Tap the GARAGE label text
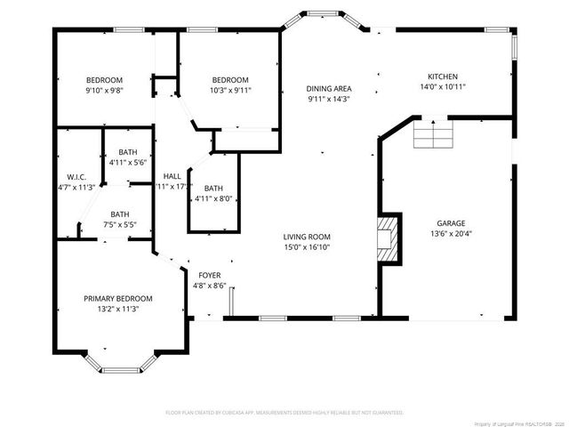pyautogui.click(x=451, y=223)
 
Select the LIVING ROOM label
pyautogui.click(x=307, y=236)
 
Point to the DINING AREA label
pyautogui.click(x=329, y=88)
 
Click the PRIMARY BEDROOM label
pyautogui.click(x=118, y=298)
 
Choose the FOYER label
pyautogui.click(x=209, y=275)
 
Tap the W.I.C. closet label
pyautogui.click(x=76, y=175)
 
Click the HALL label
pyautogui.click(x=172, y=175)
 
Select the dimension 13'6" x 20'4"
pyautogui.click(x=451, y=235)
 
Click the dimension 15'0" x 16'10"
pyautogui.click(x=307, y=247)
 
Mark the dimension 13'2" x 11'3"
pyautogui.click(x=118, y=309)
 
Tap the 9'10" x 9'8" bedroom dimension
pyautogui.click(x=104, y=91)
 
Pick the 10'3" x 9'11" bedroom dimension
pyautogui.click(x=229, y=91)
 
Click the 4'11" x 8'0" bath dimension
pyautogui.click(x=213, y=199)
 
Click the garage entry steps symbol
pyautogui.click(x=434, y=136)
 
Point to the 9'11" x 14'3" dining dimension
pyautogui.click(x=329, y=100)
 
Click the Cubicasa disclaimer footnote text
pyautogui.click(x=284, y=413)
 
